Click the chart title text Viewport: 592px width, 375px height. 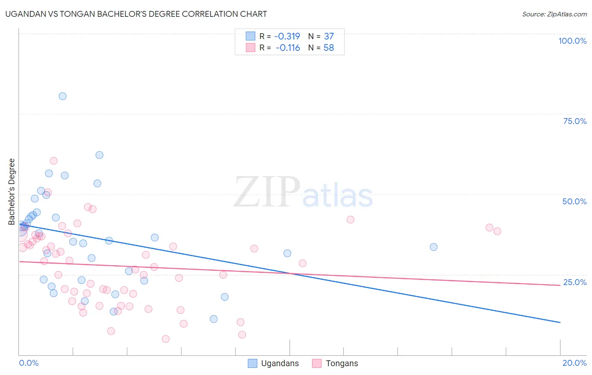click(136, 14)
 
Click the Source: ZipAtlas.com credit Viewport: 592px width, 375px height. click(554, 14)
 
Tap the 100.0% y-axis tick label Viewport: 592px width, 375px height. click(572, 41)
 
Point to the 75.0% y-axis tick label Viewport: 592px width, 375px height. click(575, 121)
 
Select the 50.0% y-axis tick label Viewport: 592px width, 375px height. click(574, 201)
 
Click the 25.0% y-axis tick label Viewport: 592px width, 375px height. click(575, 282)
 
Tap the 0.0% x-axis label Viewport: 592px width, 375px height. click(29, 363)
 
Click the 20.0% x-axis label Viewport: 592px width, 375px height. click(574, 363)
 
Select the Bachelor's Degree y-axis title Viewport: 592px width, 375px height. click(12, 191)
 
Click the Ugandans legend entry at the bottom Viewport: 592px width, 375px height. click(280, 363)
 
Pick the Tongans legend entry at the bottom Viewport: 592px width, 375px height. click(341, 363)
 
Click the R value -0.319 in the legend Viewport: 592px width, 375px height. click(287, 36)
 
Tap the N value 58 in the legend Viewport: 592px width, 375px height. click(328, 48)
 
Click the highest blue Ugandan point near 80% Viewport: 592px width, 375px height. click(62, 96)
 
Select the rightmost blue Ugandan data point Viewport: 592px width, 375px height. click(434, 247)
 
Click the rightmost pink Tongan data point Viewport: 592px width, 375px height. click(497, 231)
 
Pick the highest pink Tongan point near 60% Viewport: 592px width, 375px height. click(53, 161)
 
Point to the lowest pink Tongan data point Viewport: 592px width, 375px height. click(166, 339)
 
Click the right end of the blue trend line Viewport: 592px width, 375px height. click(560, 322)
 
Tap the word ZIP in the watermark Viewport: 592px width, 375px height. click(267, 192)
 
